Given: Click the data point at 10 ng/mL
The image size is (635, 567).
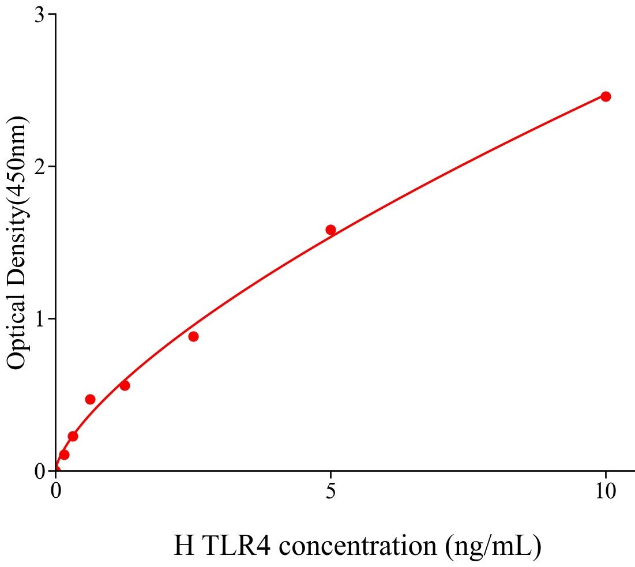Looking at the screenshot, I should pyautogui.click(x=606, y=96).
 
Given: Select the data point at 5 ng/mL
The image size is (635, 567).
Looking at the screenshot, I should pyautogui.click(x=330, y=230).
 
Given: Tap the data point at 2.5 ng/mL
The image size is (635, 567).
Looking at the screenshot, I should pyautogui.click(x=193, y=336).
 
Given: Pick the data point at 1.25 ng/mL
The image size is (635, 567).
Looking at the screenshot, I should pyautogui.click(x=125, y=385).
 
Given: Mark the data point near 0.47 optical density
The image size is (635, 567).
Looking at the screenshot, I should pyautogui.click(x=90, y=399).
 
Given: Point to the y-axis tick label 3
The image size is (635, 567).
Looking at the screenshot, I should pyautogui.click(x=40, y=15).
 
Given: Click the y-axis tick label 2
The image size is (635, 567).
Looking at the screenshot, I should pyautogui.click(x=40, y=167).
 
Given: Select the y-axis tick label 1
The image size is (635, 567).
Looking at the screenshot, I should pyautogui.click(x=40, y=319).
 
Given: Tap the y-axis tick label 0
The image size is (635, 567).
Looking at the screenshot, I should pyautogui.click(x=40, y=472).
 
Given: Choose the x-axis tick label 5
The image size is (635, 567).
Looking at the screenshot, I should pyautogui.click(x=330, y=491).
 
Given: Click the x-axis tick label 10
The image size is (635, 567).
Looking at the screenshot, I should pyautogui.click(x=606, y=491).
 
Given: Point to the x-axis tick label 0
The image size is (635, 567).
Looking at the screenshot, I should pyautogui.click(x=56, y=491).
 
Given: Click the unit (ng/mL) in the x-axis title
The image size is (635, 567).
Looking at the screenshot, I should pyautogui.click(x=494, y=546).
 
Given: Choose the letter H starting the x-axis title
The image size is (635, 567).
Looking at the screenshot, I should pyautogui.click(x=184, y=546).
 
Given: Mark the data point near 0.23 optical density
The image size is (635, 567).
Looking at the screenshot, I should pyautogui.click(x=73, y=436).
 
